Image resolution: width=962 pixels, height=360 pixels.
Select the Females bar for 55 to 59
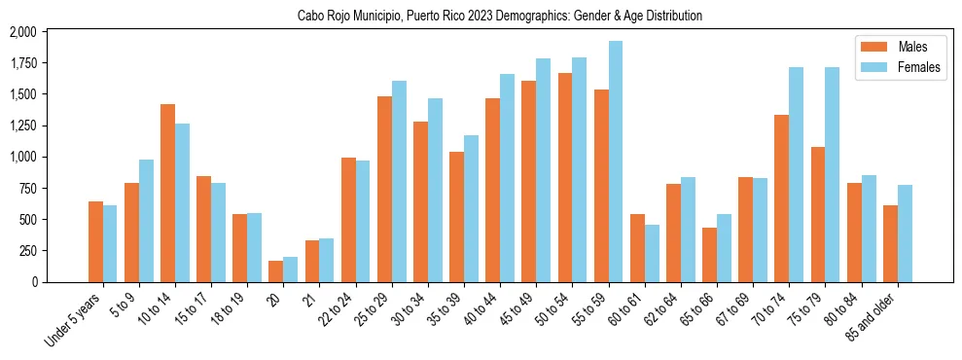(x=616, y=162)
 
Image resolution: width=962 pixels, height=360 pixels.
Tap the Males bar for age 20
(x=276, y=271)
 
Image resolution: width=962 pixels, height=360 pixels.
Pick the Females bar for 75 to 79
(x=833, y=174)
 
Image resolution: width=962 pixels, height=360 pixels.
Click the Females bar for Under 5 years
(x=110, y=243)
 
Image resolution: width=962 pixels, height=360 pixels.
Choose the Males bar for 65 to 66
(x=710, y=255)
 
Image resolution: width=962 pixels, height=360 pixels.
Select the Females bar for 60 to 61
(x=652, y=253)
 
